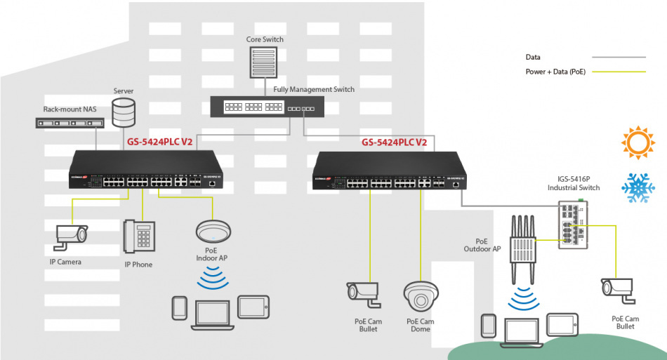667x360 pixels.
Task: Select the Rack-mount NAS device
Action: coord(69,123)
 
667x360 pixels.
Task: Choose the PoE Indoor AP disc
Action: coord(212,231)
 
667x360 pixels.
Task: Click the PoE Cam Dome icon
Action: coord(421,296)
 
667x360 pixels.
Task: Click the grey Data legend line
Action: coord(618,57)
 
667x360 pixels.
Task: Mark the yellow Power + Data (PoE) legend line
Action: coord(618,72)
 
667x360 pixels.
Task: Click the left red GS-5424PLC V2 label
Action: coord(160,142)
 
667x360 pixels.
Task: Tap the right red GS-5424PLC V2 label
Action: coord(394,142)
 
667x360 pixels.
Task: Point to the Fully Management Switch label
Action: coord(314,90)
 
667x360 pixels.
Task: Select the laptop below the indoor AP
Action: coord(211,312)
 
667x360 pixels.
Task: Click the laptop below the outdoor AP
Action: coord(520,331)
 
